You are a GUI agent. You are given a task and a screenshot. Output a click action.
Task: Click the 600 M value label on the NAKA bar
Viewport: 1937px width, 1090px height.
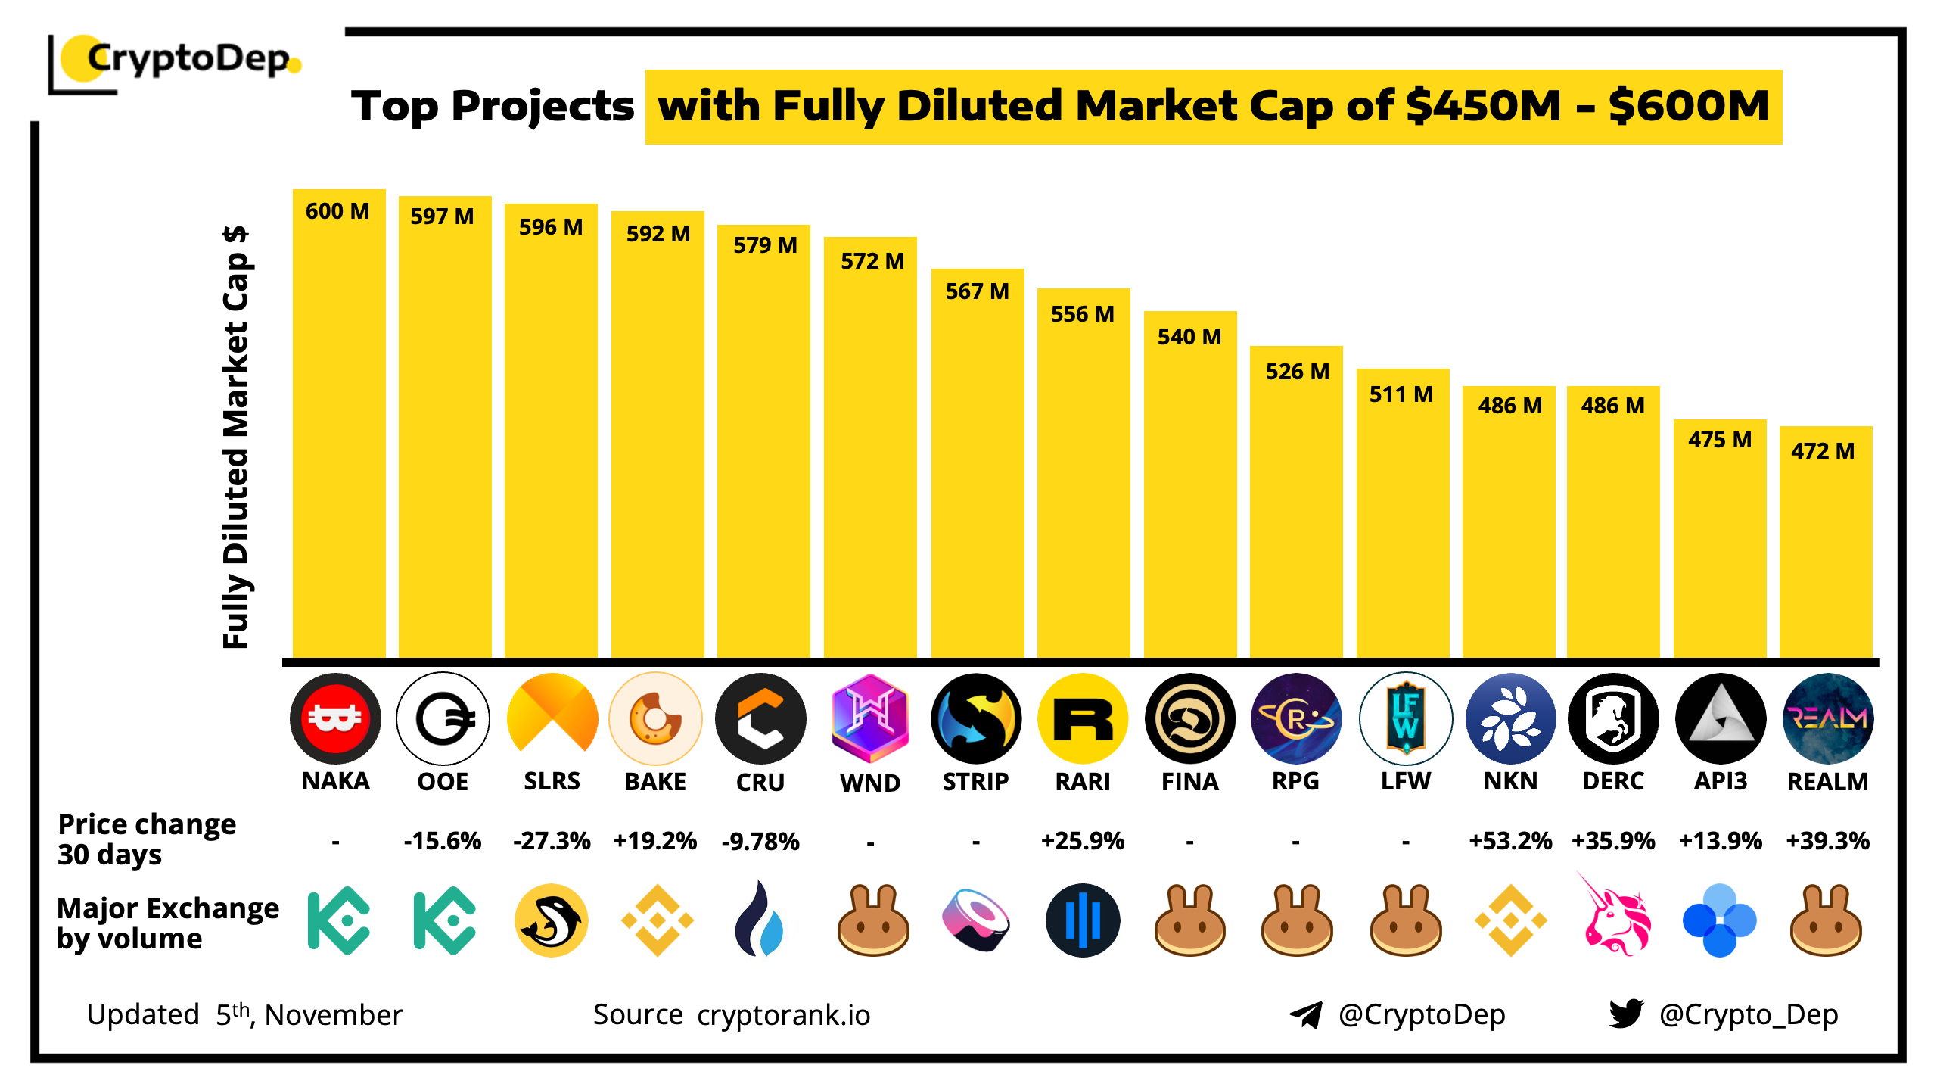pos(337,211)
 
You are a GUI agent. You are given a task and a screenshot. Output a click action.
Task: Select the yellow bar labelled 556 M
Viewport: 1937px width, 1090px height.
pos(1083,484)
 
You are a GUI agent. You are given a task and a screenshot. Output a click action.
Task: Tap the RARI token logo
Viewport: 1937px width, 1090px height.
pos(1083,718)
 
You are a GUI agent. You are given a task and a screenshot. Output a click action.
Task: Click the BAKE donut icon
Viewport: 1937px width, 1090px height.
pos(655,718)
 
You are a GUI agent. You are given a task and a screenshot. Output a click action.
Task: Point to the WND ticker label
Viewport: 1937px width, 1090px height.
pos(870,783)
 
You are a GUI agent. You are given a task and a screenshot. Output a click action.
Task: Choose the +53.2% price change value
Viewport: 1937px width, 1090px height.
pos(1509,841)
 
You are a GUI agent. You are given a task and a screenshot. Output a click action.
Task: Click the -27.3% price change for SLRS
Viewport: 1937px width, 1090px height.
pos(552,841)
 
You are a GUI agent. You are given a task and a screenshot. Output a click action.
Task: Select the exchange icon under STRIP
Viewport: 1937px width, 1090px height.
pos(976,920)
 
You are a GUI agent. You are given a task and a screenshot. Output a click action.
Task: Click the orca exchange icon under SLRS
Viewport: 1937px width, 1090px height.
pos(552,920)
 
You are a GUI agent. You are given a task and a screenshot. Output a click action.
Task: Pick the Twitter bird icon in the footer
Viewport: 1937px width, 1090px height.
pos(1626,1014)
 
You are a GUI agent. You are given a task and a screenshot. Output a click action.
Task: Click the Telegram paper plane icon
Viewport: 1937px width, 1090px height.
pos(1307,1014)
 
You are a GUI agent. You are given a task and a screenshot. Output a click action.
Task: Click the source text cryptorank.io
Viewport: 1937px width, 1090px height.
pos(783,1015)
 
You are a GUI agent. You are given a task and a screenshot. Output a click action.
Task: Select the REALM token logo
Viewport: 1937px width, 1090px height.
pos(1827,718)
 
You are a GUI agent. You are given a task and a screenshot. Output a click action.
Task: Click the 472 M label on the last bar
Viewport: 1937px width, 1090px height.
pos(1823,451)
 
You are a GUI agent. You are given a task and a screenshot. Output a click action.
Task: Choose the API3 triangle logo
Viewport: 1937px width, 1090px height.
pos(1721,718)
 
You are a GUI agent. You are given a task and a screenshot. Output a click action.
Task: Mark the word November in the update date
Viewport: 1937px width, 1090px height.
pos(334,1015)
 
